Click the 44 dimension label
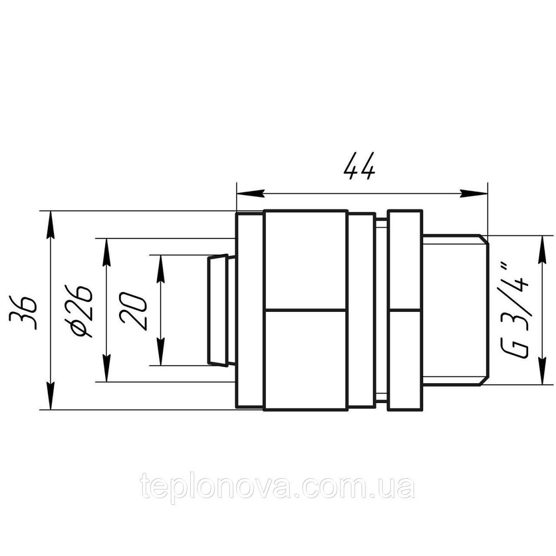click(x=360, y=165)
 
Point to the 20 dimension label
click(x=134, y=310)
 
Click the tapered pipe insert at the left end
click(x=217, y=310)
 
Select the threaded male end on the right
click(x=455, y=310)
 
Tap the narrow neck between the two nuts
click(x=381, y=310)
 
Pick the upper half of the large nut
click(x=306, y=260)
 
